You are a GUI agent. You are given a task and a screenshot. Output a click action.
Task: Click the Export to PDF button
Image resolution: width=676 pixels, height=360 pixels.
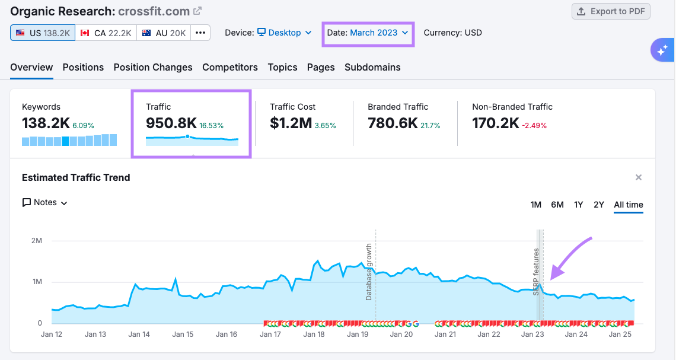[x=611, y=11]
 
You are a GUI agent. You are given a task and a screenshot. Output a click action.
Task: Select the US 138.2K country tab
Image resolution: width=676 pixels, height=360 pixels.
[x=43, y=33]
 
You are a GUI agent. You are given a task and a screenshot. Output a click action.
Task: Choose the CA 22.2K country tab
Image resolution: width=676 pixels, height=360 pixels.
[x=106, y=33]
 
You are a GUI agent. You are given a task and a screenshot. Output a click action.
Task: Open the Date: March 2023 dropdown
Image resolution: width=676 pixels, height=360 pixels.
[x=368, y=33]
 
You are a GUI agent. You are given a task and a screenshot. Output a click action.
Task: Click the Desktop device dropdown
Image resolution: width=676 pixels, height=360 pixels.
[x=285, y=33]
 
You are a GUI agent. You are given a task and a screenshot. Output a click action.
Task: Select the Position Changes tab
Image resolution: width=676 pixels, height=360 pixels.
[x=153, y=67]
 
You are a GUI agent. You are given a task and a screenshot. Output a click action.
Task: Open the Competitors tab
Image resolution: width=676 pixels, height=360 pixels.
[x=230, y=67]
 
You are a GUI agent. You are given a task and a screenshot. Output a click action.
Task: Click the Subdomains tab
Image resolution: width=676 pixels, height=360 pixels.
[x=372, y=67]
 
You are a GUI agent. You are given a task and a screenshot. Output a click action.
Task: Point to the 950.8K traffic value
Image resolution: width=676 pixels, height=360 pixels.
[x=171, y=123]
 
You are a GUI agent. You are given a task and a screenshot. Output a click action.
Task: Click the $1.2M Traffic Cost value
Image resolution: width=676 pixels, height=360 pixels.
[x=291, y=123]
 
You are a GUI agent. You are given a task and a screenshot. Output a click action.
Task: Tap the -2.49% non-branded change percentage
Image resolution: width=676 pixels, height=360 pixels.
[x=535, y=126]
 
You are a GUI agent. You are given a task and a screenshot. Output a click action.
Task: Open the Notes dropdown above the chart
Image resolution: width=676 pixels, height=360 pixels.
[x=45, y=202]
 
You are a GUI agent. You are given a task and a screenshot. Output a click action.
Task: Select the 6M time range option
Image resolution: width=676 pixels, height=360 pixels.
[x=557, y=205]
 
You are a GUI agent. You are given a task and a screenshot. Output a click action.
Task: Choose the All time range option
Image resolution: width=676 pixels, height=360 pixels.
[x=629, y=205]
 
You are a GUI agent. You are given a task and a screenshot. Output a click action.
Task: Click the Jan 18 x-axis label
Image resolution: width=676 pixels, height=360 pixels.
[x=314, y=334]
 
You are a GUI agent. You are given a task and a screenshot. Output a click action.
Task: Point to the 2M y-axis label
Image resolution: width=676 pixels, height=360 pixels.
[x=37, y=241]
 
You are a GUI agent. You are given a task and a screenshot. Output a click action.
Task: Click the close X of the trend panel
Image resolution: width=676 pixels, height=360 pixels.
[x=639, y=177]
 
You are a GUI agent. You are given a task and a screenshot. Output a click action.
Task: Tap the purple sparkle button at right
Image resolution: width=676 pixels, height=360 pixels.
[x=662, y=50]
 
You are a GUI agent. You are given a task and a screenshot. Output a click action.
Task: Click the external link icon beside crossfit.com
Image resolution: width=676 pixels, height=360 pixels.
[x=198, y=11]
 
